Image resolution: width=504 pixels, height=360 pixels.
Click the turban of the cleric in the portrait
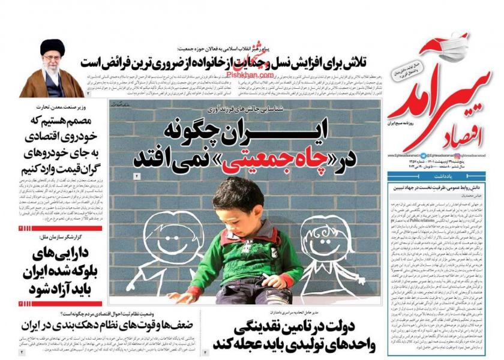click(53, 47)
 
